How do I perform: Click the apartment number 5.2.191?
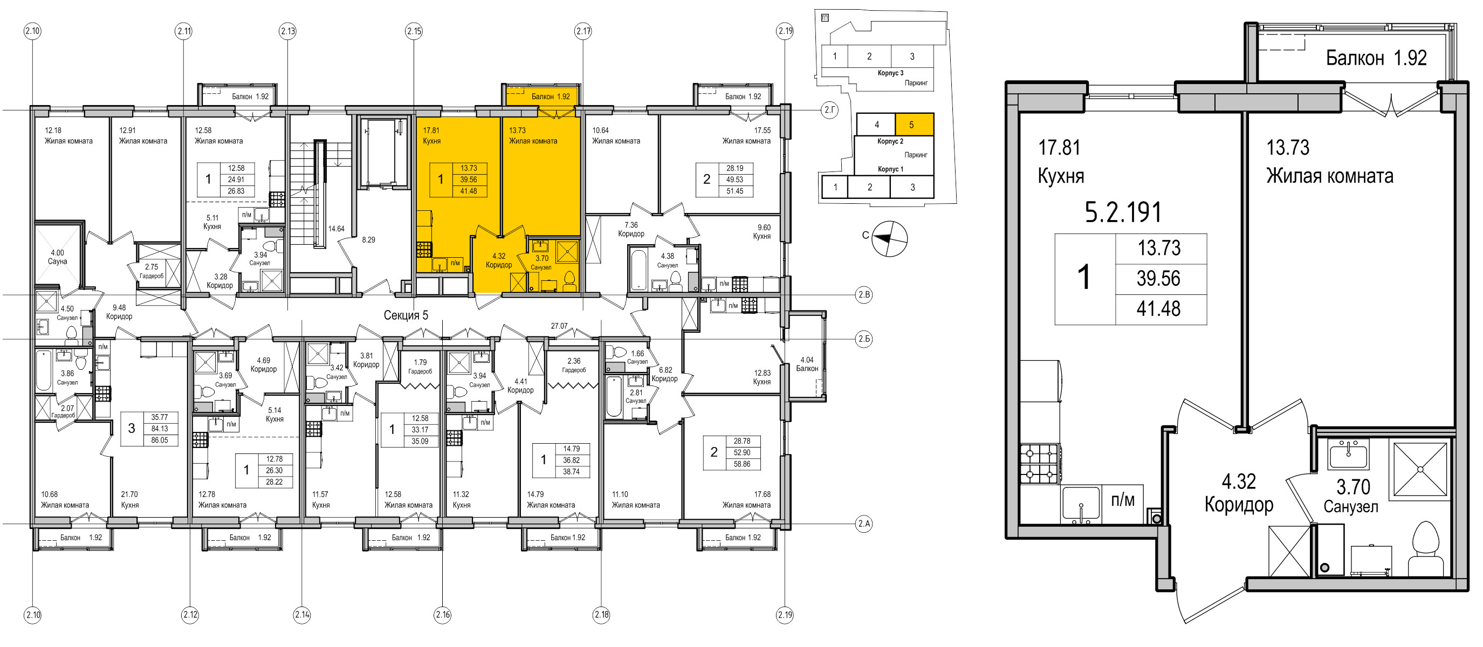1123,212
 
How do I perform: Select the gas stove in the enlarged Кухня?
1040,463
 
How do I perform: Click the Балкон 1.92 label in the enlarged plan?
1376,58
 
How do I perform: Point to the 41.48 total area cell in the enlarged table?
1158,308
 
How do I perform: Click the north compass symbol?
889,238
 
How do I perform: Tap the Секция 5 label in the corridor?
406,315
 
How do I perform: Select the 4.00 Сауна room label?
57,257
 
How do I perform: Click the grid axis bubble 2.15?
414,31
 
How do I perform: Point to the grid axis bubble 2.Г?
829,109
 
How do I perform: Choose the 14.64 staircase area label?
336,229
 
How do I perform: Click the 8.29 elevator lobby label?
368,239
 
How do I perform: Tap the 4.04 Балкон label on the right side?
807,364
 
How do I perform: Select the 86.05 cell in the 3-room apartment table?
160,440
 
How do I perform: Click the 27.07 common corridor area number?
559,326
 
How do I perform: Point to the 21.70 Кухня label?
129,499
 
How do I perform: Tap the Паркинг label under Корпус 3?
916,83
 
